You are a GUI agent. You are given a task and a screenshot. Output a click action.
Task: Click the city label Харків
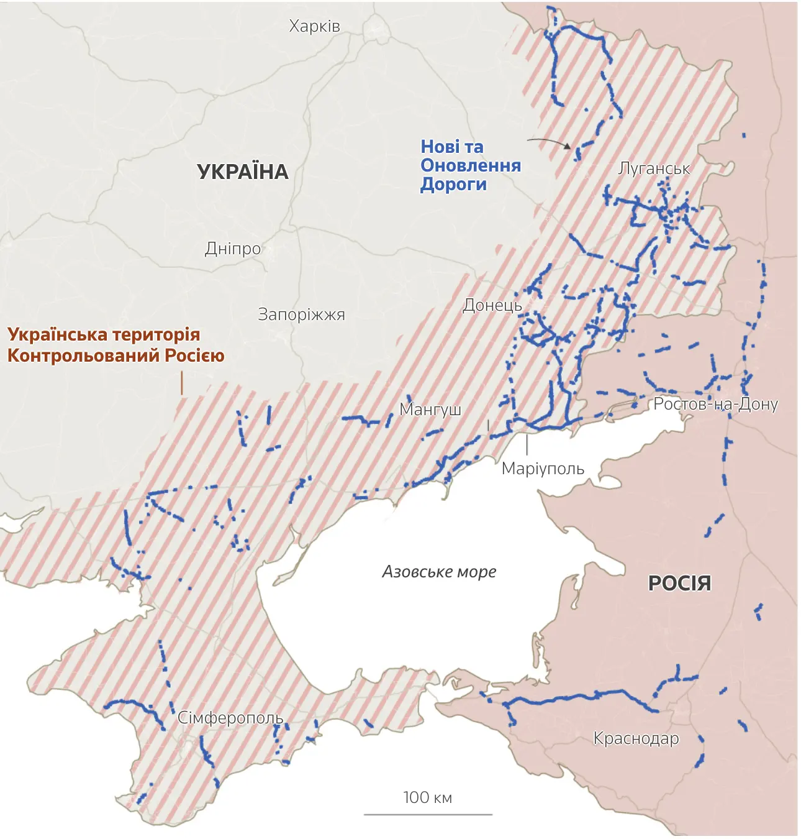point(314,26)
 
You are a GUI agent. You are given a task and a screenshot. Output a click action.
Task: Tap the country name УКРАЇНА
point(243,172)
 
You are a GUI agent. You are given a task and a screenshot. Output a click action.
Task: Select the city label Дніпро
point(233,249)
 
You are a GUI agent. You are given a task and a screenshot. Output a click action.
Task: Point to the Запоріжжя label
point(301,314)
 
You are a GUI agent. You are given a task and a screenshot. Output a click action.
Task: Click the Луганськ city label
point(654,168)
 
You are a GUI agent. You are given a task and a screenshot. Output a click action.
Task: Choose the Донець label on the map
point(492,305)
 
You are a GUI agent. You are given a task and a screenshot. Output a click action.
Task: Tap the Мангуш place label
point(430,410)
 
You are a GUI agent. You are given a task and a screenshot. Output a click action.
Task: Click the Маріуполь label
point(543,469)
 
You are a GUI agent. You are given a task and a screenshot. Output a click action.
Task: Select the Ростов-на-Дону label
point(715,404)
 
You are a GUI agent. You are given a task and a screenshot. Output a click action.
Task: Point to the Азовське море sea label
point(439,571)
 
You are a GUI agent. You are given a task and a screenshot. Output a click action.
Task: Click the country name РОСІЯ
point(679,583)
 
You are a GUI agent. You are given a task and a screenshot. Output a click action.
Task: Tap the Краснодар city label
point(636,738)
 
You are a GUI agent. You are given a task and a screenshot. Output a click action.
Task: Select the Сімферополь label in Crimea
point(230,718)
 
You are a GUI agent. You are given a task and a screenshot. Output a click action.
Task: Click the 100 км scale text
point(427,797)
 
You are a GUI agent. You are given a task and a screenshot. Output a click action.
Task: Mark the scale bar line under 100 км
point(428,814)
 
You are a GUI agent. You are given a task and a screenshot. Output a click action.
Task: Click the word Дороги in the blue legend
point(453,185)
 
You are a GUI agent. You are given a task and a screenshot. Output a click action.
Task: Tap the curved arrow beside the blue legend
point(549,142)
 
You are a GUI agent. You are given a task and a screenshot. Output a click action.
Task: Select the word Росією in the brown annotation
point(194,355)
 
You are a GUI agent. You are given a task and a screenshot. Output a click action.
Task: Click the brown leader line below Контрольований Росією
point(182,383)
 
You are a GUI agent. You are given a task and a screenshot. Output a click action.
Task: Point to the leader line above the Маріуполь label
point(527,444)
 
